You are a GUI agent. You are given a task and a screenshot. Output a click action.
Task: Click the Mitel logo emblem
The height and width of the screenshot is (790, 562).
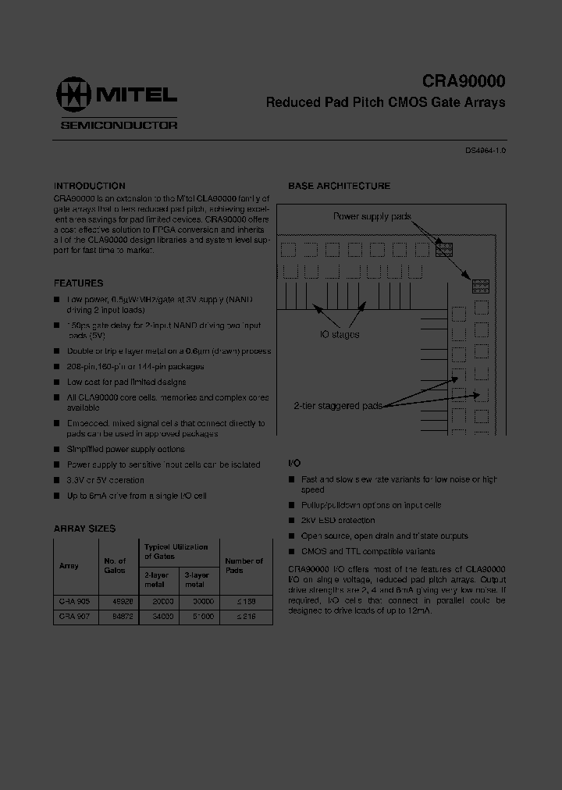[x=73, y=94]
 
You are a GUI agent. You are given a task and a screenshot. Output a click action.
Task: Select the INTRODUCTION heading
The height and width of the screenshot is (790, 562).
[x=89, y=187]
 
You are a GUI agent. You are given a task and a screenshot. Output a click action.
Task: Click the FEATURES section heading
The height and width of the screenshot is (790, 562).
[x=78, y=283]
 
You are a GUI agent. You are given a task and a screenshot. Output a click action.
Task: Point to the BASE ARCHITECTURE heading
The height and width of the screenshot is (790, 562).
[x=339, y=187]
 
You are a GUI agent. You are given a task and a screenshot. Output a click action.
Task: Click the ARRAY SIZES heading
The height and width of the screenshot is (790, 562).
[x=84, y=528]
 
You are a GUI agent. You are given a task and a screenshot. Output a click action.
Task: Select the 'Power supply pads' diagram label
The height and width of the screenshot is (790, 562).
[x=372, y=216]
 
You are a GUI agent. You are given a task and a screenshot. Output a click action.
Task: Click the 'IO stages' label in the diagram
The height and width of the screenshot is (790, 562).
[x=340, y=334]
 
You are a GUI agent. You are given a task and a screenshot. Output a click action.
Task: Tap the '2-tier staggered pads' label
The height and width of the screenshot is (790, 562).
[x=338, y=406]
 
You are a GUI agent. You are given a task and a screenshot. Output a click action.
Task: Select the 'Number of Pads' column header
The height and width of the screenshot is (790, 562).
[x=244, y=565]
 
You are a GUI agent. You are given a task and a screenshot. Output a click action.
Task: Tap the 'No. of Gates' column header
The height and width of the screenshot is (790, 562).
[x=115, y=565]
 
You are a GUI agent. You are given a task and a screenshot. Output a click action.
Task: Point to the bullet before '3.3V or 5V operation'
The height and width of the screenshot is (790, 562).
[x=56, y=480]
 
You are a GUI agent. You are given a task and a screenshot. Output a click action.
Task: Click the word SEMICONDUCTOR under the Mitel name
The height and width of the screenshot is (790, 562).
[x=119, y=125]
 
